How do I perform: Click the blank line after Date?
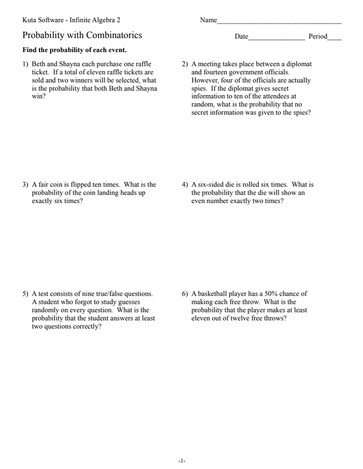(x=277, y=36)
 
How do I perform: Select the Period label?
(x=317, y=36)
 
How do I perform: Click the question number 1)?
(x=26, y=64)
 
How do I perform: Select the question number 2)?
(x=185, y=64)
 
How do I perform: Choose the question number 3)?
(x=26, y=185)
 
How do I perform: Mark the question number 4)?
(x=185, y=185)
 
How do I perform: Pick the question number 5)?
(x=26, y=294)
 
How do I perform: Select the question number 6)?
(x=185, y=294)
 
